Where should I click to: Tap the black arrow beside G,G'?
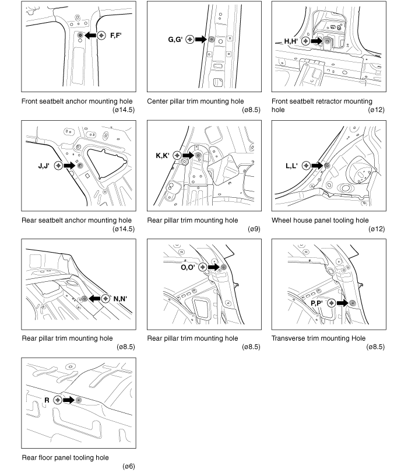pyautogui.click(x=201, y=40)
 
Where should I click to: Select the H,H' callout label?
pyautogui.click(x=291, y=41)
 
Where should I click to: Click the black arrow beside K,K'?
pyautogui.click(x=188, y=155)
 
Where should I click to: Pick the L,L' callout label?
pyautogui.click(x=291, y=166)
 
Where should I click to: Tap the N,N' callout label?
pyautogui.click(x=121, y=298)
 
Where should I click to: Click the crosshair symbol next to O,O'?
pyautogui.click(x=203, y=267)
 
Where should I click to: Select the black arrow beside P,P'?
pyautogui.click(x=342, y=303)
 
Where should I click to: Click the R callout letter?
pyautogui.click(x=47, y=400)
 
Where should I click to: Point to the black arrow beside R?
pyautogui.click(x=68, y=400)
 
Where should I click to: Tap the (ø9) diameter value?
pyautogui.click(x=253, y=229)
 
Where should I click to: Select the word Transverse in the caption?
pyautogui.click(x=290, y=338)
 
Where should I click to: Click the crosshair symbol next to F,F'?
pyautogui.click(x=102, y=36)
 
